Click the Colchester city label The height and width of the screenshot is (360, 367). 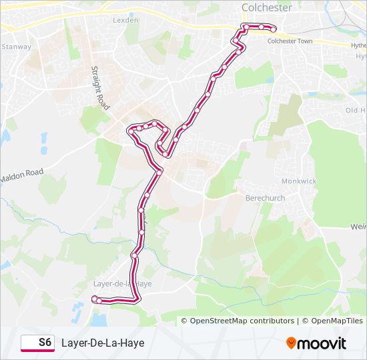coord(266,7)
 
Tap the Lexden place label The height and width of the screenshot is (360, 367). coord(125,20)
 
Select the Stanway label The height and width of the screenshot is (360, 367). coord(16,47)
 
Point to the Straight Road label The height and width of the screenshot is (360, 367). coord(101,88)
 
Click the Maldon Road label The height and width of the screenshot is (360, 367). coord(21,176)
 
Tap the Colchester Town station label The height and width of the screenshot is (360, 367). coord(290,41)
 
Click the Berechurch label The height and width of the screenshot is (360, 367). coord(265,198)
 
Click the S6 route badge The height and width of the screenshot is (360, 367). coord(37,343)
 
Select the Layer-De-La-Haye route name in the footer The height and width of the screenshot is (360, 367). coord(103,343)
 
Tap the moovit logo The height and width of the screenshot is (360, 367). coord(316,343)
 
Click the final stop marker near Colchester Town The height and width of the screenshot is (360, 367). coord(273,29)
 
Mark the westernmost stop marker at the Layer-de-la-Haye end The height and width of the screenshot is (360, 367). coord(94,298)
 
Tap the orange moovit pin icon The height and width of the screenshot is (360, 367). coord(292,343)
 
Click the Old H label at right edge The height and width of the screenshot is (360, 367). coord(355,110)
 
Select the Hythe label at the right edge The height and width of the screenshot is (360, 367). coord(358,45)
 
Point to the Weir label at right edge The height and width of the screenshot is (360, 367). coord(358,227)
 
